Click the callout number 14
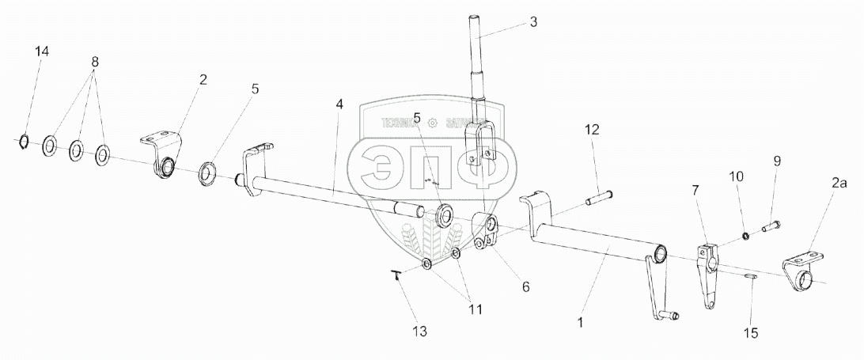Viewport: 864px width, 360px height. click(x=42, y=51)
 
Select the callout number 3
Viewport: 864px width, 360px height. click(x=533, y=21)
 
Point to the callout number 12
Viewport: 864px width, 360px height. click(x=593, y=128)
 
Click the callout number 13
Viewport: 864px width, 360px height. click(x=420, y=332)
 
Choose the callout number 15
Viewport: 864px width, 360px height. click(x=750, y=334)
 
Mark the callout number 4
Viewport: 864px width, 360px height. click(x=339, y=104)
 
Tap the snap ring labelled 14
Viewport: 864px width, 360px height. click(x=25, y=142)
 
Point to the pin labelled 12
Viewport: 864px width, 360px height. click(x=599, y=196)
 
